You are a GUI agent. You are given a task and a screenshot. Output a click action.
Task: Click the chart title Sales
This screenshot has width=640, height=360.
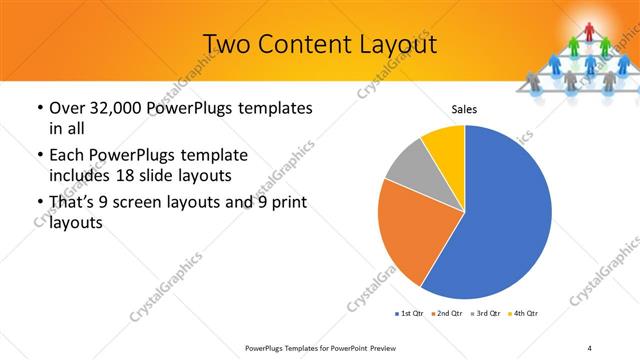[464, 108]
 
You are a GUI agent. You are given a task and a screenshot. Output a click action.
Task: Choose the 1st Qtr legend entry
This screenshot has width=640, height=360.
[409, 314]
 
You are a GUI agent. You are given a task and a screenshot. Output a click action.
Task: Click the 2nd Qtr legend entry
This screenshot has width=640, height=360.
[446, 314]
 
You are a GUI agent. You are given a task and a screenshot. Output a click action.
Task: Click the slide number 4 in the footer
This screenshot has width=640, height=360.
[590, 347]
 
